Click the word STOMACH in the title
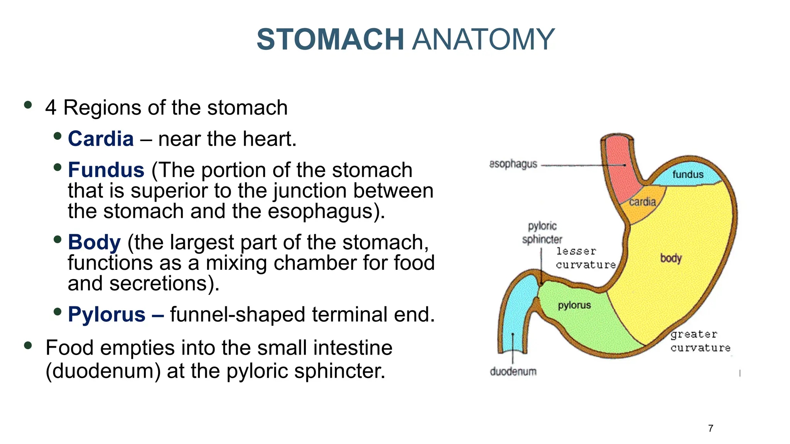pyautogui.click(x=330, y=39)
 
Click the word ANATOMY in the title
pyautogui.click(x=483, y=39)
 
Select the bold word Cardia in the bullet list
pyautogui.click(x=101, y=139)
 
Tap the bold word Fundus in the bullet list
pyautogui.click(x=106, y=170)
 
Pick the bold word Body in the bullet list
pyautogui.click(x=94, y=242)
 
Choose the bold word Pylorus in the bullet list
pyautogui.click(x=106, y=314)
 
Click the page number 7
pyautogui.click(x=711, y=429)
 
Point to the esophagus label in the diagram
pyautogui.click(x=513, y=164)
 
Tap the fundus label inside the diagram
pyautogui.click(x=688, y=175)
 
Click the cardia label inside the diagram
pyautogui.click(x=642, y=202)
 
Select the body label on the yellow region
pyautogui.click(x=671, y=258)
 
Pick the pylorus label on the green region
pyautogui.click(x=574, y=305)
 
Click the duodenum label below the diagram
pyautogui.click(x=513, y=372)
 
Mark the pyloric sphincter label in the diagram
pyautogui.click(x=542, y=233)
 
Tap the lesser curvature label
pyautogui.click(x=585, y=258)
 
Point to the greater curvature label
pyautogui.click(x=700, y=341)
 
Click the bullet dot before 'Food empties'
pyautogui.click(x=28, y=345)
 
